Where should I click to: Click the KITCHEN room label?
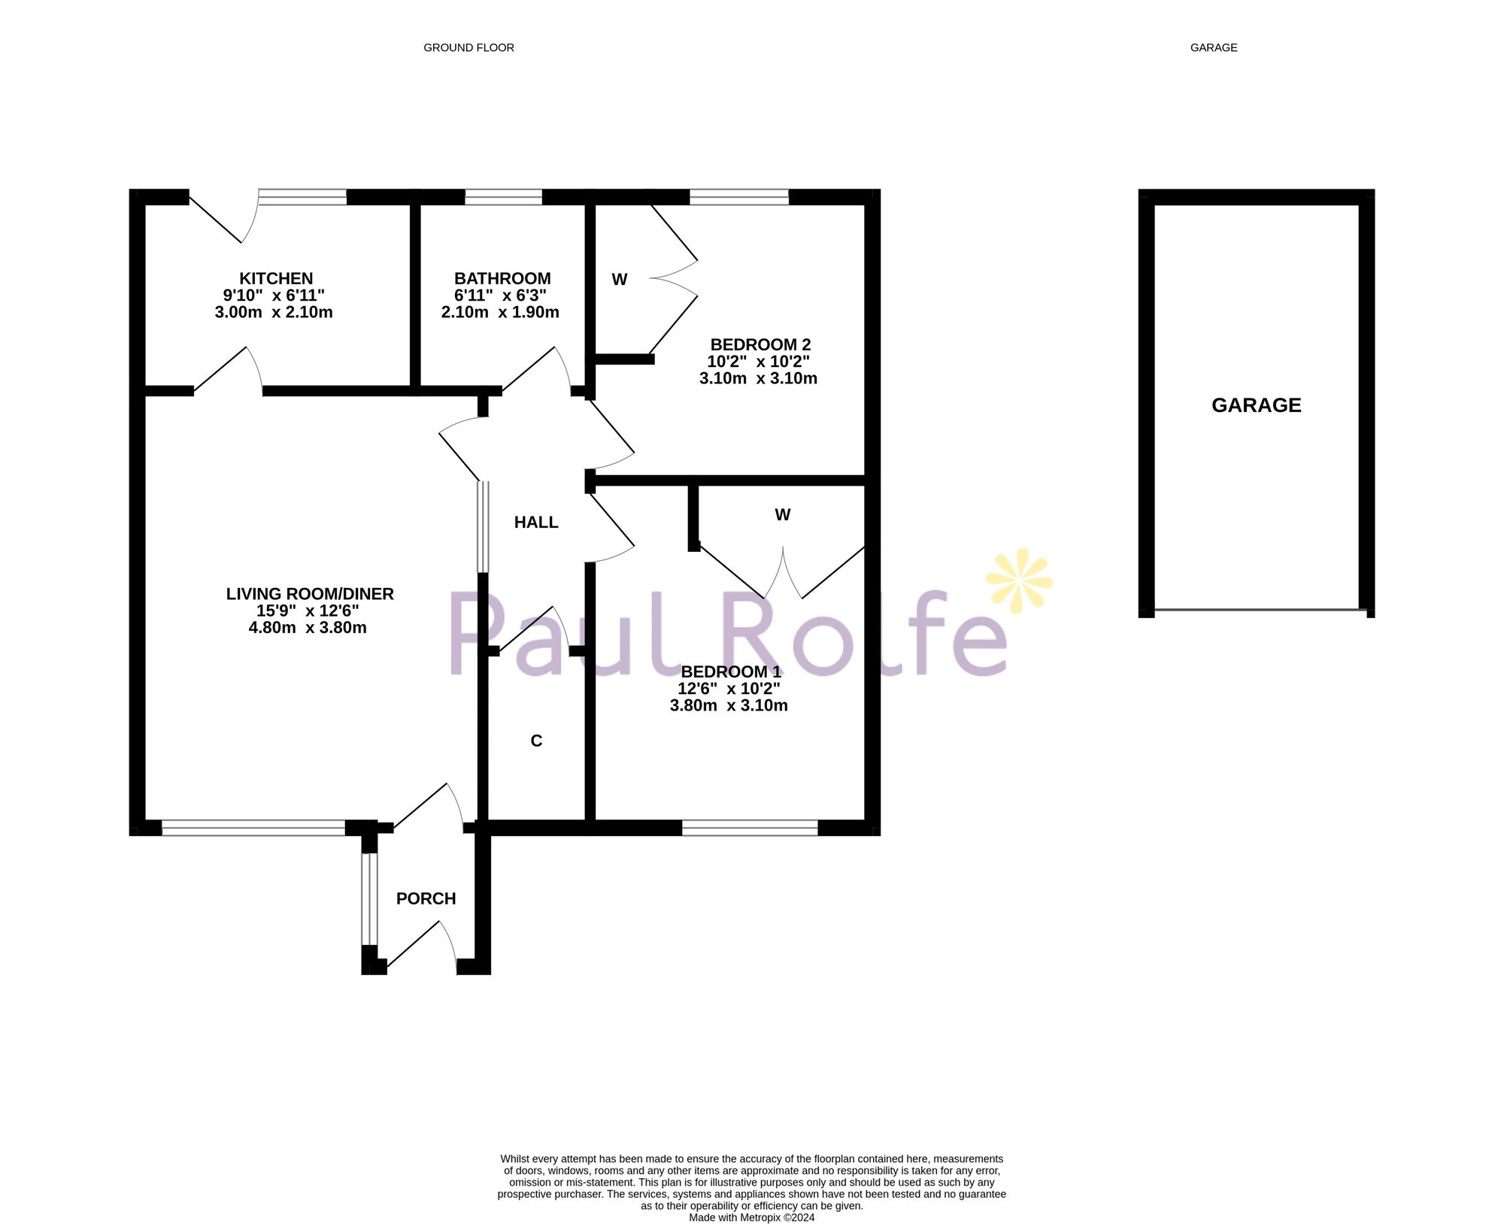[275, 279]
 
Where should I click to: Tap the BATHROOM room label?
[502, 279]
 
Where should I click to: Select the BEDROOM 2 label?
[760, 345]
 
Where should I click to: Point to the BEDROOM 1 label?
[730, 672]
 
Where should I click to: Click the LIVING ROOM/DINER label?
[310, 594]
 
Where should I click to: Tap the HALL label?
[536, 523]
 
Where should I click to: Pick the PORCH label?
[426, 898]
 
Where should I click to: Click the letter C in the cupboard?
[536, 741]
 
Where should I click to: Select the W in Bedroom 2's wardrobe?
[620, 280]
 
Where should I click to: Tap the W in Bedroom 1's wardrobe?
[782, 515]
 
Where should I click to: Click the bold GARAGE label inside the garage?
[1256, 405]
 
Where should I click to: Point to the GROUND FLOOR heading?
[468, 47]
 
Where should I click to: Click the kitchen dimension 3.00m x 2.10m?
[274, 312]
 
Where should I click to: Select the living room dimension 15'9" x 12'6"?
[308, 610]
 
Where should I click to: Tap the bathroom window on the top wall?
[503, 197]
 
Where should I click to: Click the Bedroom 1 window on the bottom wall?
[750, 828]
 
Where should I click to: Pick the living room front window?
[253, 828]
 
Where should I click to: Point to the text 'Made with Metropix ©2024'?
[751, 1217]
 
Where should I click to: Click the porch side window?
[368, 898]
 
